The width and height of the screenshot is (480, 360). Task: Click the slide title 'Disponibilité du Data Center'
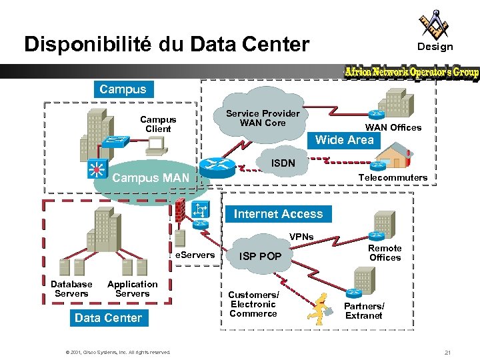tap(167, 45)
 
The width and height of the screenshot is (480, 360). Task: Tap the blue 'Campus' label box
tap(123, 89)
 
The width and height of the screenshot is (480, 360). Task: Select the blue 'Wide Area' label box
tap(344, 139)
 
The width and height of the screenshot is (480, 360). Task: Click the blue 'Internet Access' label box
tap(278, 214)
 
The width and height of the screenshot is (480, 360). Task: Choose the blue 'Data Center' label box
tap(108, 318)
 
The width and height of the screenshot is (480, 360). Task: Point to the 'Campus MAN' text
tap(151, 178)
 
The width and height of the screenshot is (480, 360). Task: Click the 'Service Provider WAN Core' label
tap(263, 118)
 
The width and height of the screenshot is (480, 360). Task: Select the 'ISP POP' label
tap(260, 256)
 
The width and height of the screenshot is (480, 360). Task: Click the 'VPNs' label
tap(301, 237)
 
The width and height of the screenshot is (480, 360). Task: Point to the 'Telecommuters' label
tap(392, 177)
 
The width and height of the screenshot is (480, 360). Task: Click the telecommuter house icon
tap(392, 159)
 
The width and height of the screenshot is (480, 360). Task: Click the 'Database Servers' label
tap(71, 289)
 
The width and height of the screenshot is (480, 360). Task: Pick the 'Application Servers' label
tap(132, 289)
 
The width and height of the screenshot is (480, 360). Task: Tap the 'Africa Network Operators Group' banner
tap(411, 72)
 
